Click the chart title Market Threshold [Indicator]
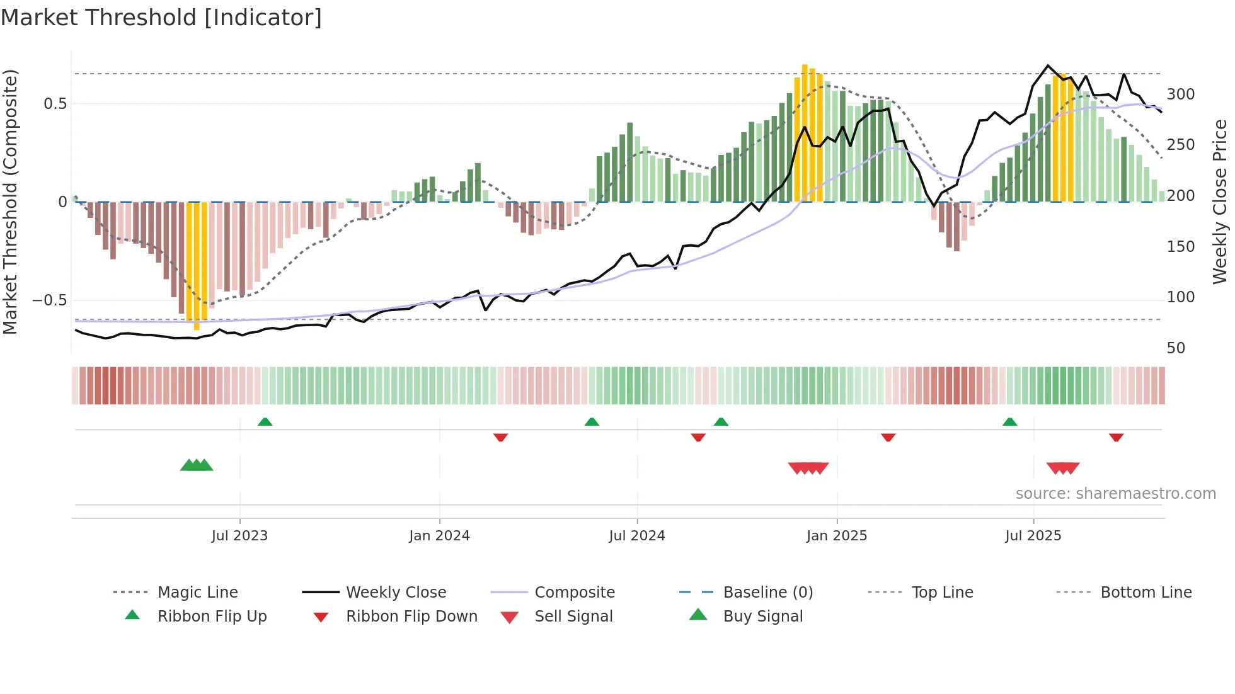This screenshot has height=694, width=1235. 161,18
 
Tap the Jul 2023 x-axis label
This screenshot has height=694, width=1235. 239,536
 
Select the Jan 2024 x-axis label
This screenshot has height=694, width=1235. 439,536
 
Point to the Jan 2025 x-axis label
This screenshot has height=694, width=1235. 837,536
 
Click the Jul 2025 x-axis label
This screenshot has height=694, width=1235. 1033,536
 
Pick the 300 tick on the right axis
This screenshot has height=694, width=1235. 1180,94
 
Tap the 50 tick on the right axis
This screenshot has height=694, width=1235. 1176,348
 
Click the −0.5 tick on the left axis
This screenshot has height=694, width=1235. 50,300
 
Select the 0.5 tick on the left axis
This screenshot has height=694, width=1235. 55,104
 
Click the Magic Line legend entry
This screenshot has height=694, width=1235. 197,593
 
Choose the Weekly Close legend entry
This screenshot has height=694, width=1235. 396,593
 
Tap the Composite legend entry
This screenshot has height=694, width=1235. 575,593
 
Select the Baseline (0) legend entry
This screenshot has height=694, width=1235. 767,593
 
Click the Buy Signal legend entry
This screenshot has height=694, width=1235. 762,617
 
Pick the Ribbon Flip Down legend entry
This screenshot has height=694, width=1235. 411,617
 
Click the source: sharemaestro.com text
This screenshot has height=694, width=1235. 1115,494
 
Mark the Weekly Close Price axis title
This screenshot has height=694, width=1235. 1220,202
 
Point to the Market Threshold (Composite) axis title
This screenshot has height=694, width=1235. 10,202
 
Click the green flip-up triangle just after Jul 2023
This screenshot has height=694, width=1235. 265,422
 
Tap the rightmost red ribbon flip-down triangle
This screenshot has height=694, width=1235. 1116,437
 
